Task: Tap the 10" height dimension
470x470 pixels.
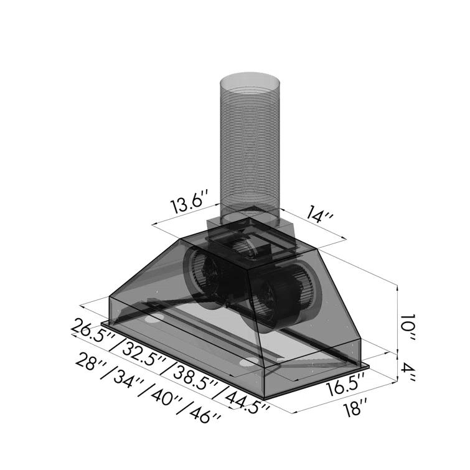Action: click(408, 324)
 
